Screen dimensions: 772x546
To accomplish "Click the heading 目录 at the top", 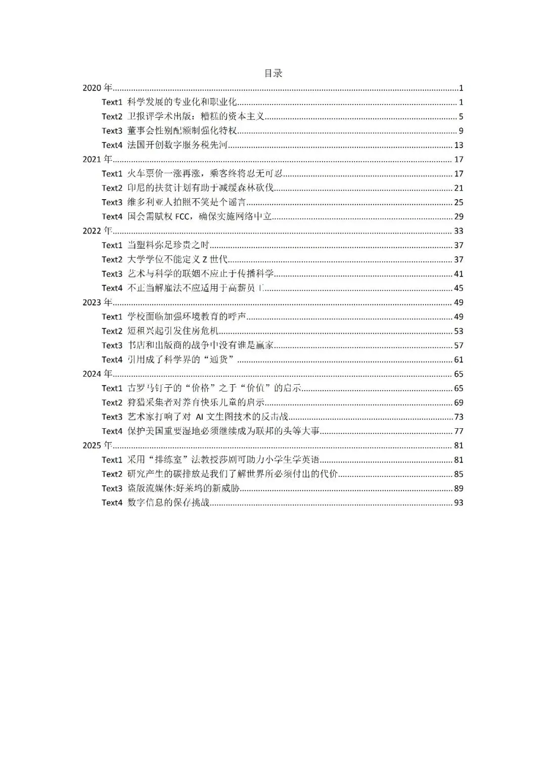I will click(x=273, y=73).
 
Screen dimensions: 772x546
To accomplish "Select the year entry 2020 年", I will click(x=98, y=88).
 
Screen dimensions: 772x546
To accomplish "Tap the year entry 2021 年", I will click(x=98, y=159).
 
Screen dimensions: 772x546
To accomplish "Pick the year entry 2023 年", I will click(x=98, y=302).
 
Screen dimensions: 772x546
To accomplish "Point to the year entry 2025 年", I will click(x=98, y=445).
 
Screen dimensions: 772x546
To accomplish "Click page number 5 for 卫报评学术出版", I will click(x=461, y=117).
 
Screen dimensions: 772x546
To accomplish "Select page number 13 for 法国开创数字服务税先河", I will click(x=459, y=145).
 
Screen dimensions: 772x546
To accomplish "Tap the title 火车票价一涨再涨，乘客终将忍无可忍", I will click(x=205, y=174).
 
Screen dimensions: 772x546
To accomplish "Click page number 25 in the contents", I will click(x=459, y=202).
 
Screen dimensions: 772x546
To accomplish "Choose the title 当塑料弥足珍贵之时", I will click(x=168, y=245).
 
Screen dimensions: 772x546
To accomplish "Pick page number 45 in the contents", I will click(x=459, y=288).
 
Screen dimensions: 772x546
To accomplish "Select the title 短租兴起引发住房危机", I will click(x=173, y=331).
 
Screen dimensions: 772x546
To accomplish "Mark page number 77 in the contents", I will click(x=459, y=431).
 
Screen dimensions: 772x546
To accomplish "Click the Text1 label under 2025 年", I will click(x=112, y=460).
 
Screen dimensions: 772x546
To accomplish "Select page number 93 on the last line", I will click(x=459, y=503).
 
